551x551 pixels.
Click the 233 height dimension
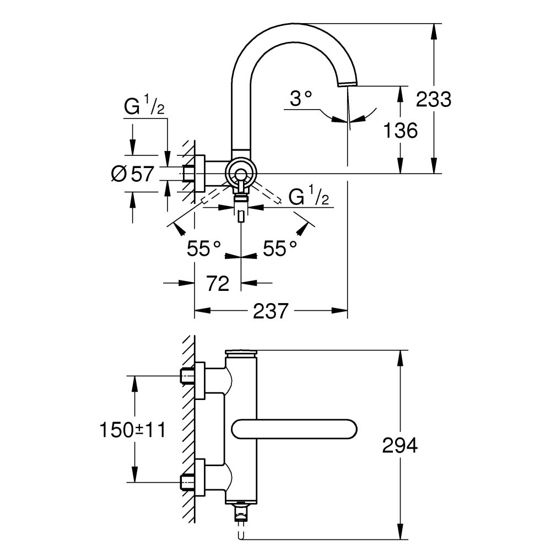[433, 99]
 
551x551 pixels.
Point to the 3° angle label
[301, 99]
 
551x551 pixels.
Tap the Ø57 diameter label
[132, 174]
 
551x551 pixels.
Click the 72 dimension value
[218, 284]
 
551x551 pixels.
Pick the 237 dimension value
[271, 311]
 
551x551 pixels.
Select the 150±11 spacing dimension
[133, 429]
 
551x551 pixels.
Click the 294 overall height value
[399, 445]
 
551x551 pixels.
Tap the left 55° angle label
[203, 249]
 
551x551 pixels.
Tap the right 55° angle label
[280, 249]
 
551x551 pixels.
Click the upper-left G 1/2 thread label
[144, 107]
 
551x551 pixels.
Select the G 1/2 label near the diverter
[309, 197]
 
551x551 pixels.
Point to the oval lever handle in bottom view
[295, 429]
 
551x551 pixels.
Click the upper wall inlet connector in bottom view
[193, 376]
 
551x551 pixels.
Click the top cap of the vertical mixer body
[241, 353]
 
